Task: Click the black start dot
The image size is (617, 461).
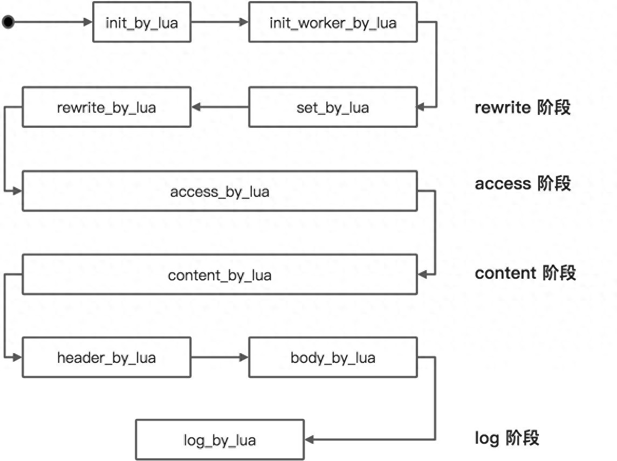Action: (8, 22)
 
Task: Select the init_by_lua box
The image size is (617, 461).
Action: (142, 22)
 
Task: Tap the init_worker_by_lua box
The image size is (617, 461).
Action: (333, 22)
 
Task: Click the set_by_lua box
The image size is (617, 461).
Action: (333, 107)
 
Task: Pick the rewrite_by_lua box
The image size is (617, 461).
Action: (106, 107)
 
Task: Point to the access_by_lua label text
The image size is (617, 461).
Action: (220, 191)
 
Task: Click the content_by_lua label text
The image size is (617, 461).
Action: (220, 276)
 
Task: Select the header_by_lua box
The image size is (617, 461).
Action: (106, 357)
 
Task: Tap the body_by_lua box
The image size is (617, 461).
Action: (333, 357)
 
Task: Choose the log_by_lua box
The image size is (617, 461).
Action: (220, 440)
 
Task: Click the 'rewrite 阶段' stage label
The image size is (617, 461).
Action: (522, 107)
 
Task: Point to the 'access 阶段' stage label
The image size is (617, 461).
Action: (522, 183)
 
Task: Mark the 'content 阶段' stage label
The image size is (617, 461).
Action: (525, 273)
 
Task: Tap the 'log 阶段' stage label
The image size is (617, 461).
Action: (506, 438)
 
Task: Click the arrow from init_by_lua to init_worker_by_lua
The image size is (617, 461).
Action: (220, 22)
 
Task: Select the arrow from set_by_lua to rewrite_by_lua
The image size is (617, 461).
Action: (220, 107)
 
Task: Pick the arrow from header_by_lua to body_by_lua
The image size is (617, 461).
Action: (220, 357)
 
